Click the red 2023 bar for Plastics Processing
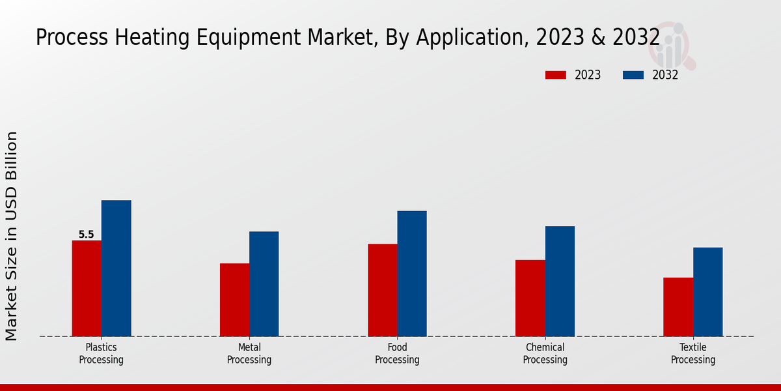tap(87, 288)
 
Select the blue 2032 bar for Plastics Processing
tap(116, 268)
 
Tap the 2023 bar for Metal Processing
tap(234, 300)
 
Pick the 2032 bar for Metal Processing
tap(264, 283)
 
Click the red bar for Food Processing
tap(382, 290)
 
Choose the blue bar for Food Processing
tap(412, 273)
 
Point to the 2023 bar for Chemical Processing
tap(530, 298)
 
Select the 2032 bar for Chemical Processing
tap(560, 281)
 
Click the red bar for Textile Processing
tap(678, 307)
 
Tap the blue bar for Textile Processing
tap(707, 291)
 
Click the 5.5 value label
tap(86, 235)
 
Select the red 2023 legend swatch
tap(555, 75)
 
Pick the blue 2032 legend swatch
tap(633, 75)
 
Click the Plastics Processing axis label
tap(101, 353)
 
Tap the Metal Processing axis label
tap(249, 353)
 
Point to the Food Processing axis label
tap(397, 353)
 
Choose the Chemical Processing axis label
tap(545, 353)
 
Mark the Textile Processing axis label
tap(693, 353)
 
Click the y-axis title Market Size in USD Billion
tap(12, 236)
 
